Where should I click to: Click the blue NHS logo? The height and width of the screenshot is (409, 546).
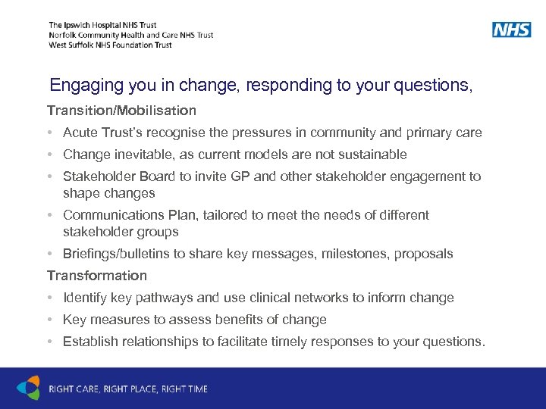tap(511, 30)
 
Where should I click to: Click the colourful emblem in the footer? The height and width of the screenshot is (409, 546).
tap(28, 388)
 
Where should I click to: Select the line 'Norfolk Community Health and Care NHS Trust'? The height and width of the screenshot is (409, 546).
tap(130, 35)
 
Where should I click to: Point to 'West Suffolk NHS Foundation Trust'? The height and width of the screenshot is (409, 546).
tap(110, 45)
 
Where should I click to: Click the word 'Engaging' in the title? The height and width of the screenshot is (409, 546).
tap(80, 86)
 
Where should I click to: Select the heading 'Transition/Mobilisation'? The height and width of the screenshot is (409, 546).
tap(121, 111)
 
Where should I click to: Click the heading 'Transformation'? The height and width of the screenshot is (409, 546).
tap(97, 276)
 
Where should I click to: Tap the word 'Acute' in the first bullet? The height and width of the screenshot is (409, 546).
tap(80, 133)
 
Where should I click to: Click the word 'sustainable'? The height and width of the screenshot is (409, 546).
tap(375, 155)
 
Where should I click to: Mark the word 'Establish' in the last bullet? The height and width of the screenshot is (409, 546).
tap(89, 342)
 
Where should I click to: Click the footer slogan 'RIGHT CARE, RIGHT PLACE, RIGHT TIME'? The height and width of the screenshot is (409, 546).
tap(128, 389)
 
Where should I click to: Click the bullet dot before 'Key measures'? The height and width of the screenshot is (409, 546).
tap(49, 320)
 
